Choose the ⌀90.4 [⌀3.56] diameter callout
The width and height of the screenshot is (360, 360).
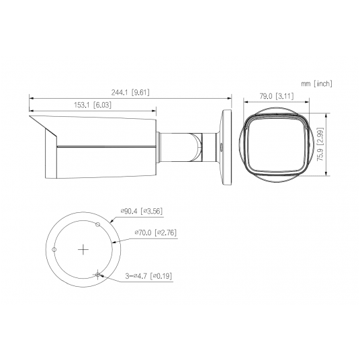point(141,211)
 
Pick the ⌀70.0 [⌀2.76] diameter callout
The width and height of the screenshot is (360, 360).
point(155,232)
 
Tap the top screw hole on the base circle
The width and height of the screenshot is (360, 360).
point(98,224)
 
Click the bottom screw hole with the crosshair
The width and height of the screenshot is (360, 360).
point(98,274)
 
